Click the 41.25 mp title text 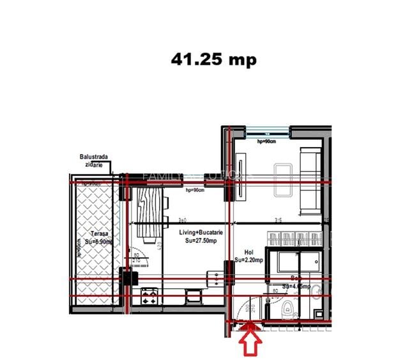(213, 59)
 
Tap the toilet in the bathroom (289, 308)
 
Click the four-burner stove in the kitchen (150, 296)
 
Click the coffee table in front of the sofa (282, 178)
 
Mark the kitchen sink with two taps (218, 278)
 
